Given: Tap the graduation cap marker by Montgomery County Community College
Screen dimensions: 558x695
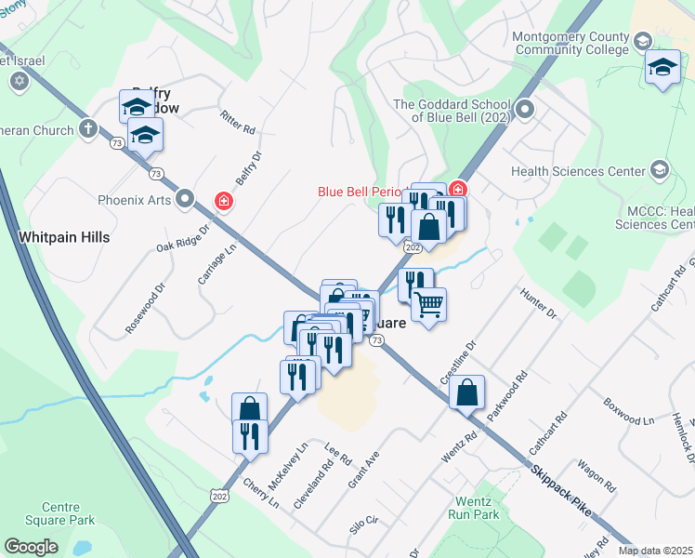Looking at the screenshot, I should (662, 68).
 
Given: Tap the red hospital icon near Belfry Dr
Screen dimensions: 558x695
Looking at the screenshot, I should (223, 200).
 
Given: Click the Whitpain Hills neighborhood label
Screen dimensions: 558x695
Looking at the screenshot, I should (64, 237).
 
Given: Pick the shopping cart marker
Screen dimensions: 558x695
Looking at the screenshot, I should (428, 303).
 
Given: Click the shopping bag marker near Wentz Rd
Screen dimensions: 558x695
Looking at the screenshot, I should (466, 392).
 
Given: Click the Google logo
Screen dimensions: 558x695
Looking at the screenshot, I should (31, 547).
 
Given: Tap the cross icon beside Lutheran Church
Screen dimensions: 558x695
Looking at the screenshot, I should (88, 129).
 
